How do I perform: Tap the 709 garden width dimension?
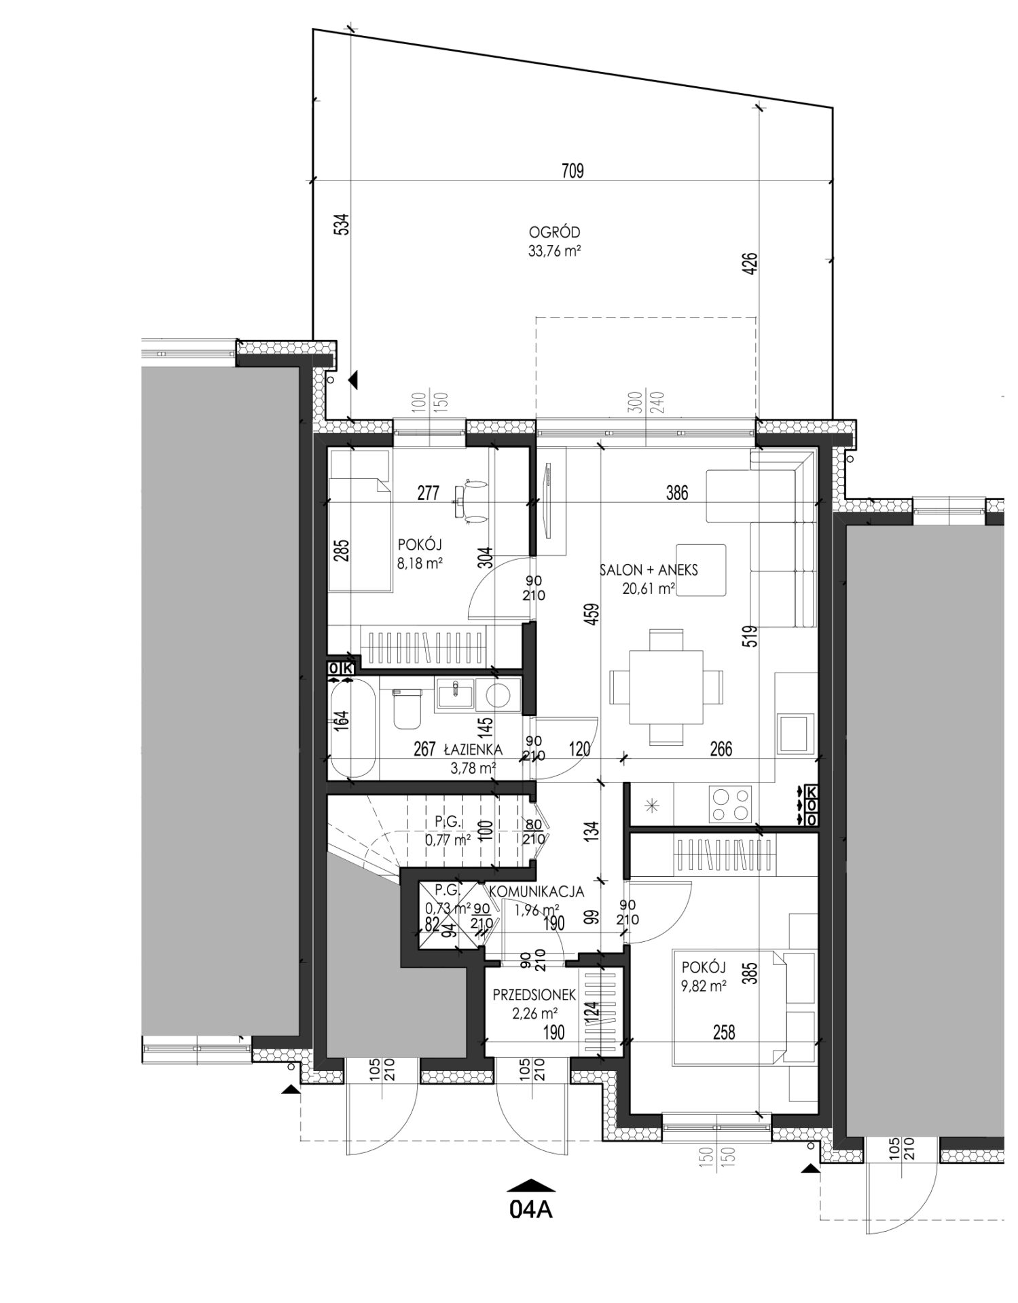572,171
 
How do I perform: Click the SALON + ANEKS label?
649,570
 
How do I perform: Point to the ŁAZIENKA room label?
473,750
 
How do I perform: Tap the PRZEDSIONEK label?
534,995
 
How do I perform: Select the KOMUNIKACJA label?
537,891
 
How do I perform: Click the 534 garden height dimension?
343,224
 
